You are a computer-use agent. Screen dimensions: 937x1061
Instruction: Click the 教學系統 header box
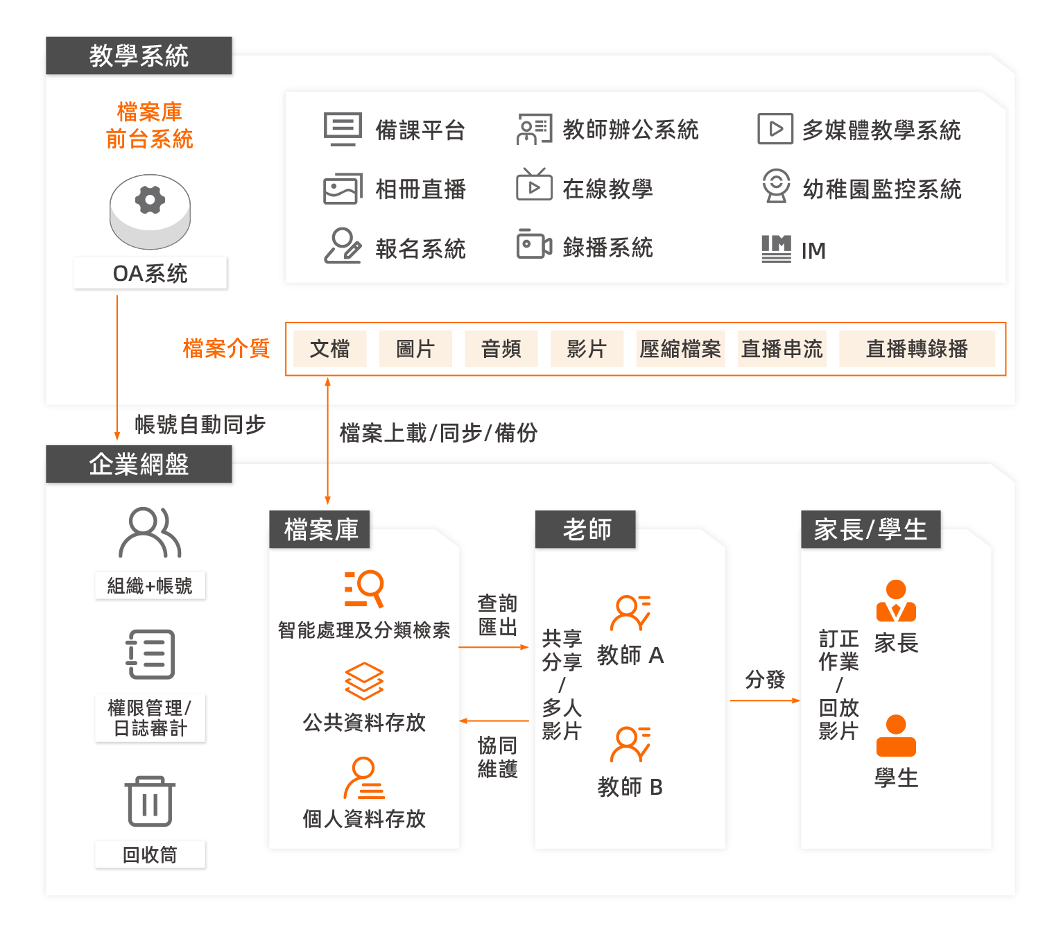pos(139,55)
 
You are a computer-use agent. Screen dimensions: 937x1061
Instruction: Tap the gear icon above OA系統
pos(150,200)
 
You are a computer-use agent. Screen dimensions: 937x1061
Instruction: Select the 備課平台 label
pos(420,130)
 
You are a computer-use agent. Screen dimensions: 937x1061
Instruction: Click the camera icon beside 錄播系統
pos(533,245)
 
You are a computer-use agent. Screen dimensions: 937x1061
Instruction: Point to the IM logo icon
pos(776,248)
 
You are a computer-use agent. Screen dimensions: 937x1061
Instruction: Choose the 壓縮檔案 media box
pos(680,349)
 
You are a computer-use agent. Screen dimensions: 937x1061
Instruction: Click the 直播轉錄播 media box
pos(916,349)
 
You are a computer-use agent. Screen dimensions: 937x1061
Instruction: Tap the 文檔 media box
pos(329,349)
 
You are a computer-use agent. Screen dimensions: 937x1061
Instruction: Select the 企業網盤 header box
pos(139,464)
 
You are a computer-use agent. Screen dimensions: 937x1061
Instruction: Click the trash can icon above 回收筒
pos(150,801)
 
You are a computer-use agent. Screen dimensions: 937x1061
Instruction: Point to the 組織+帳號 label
pos(150,586)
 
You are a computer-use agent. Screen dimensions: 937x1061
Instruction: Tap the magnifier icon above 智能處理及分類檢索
pos(364,588)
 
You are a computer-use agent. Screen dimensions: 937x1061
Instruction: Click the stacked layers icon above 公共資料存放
pos(364,681)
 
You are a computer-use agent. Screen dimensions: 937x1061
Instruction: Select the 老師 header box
pos(586,530)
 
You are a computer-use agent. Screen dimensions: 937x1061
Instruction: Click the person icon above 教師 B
pos(630,744)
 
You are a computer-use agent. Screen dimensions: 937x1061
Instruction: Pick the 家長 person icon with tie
pos(896,601)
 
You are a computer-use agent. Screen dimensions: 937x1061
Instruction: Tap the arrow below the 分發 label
pos(765,700)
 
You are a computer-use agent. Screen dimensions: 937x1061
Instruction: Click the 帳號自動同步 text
pos(200,424)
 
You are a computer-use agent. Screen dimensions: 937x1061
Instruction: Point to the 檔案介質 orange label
pos(226,348)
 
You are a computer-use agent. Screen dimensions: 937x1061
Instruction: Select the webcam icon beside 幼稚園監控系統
pos(776,186)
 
